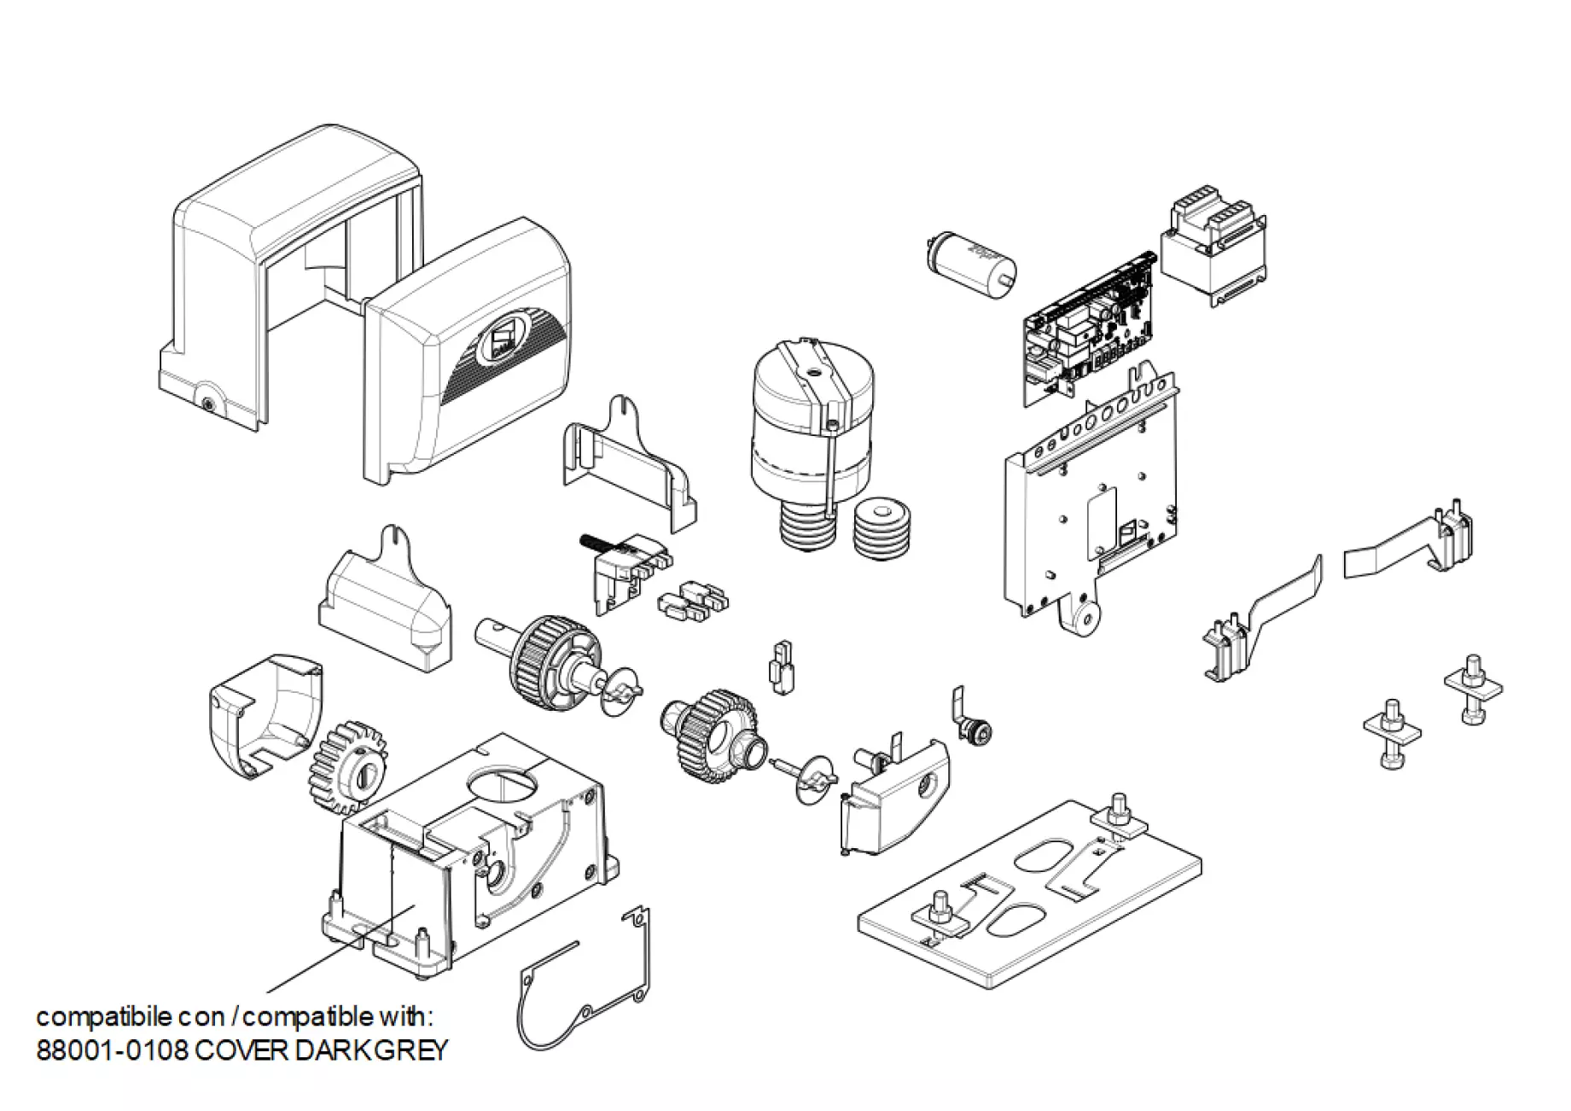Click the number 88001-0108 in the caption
point(112,1050)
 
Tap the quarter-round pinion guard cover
point(265,714)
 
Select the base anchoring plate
point(1030,896)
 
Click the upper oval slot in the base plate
point(1045,857)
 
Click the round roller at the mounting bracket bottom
point(1085,621)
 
